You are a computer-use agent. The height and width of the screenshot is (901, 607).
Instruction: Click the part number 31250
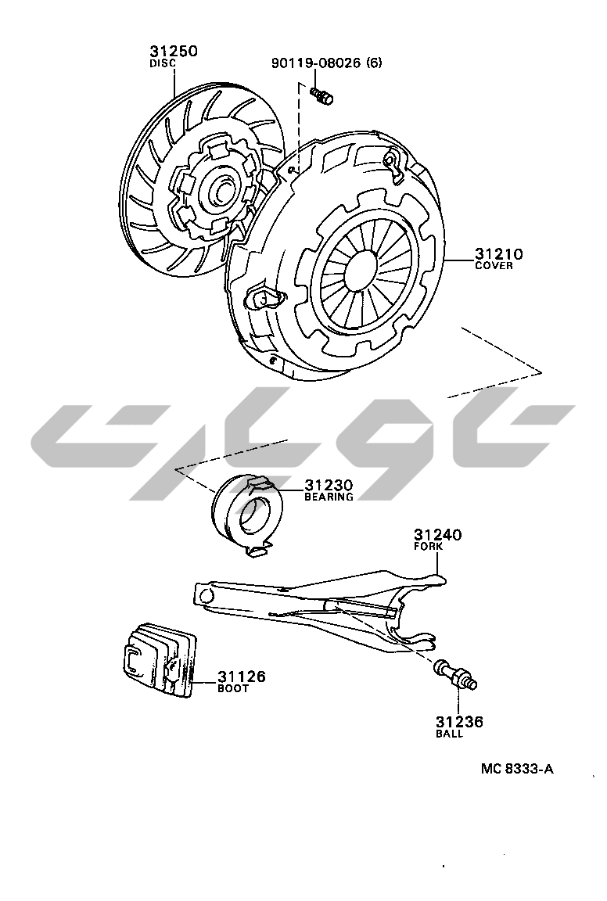coord(174,51)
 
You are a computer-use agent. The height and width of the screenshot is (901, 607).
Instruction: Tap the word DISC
coord(163,64)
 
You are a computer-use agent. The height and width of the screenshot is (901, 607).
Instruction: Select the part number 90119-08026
coord(315,62)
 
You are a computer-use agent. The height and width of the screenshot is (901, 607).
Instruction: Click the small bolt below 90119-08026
coord(322,95)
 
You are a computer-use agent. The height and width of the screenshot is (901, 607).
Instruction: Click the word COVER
coord(494,266)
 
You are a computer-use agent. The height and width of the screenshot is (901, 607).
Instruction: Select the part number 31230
coord(329,486)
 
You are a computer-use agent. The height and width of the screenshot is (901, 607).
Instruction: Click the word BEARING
coord(329,497)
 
